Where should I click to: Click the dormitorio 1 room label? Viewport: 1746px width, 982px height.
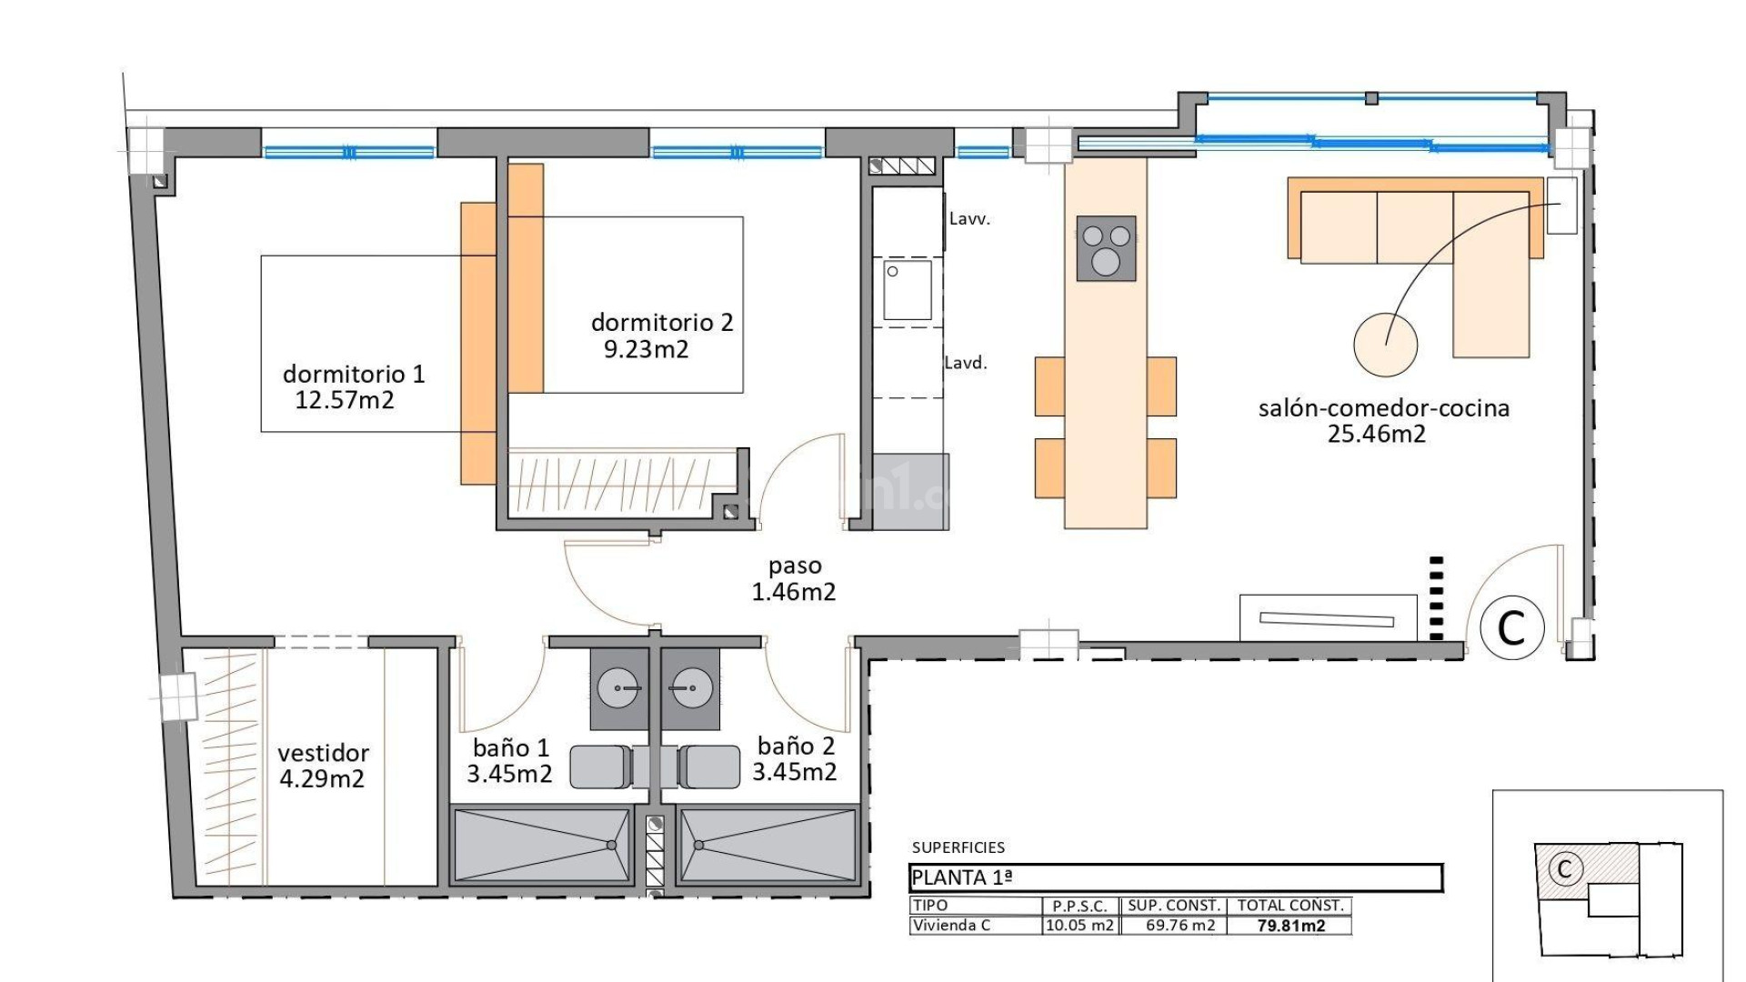coord(353,374)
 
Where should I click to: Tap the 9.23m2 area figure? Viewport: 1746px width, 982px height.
coord(646,349)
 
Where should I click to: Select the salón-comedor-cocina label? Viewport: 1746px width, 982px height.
coord(1383,408)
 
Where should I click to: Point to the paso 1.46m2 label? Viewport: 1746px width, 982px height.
coord(794,579)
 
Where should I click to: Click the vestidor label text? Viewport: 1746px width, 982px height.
coord(323,753)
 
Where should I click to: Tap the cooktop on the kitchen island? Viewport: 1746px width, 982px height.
coord(1106,248)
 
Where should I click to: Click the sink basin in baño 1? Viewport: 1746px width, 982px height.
coord(619,688)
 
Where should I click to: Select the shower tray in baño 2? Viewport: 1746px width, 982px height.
coord(768,845)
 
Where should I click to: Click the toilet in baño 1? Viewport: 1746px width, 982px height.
coord(600,767)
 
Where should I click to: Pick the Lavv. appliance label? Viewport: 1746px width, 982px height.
coord(969,219)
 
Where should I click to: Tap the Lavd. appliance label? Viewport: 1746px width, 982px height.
coord(966,363)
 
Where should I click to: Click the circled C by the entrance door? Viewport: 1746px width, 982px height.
coord(1511,627)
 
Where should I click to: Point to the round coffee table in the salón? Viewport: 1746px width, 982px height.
coord(1385,345)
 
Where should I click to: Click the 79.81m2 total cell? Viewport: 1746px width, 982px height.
coord(1290,926)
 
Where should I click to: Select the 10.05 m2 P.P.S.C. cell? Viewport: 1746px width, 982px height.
coord(1079,926)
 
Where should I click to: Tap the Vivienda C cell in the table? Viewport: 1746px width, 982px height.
coord(951,926)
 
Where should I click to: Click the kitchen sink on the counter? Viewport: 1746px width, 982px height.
coord(908,290)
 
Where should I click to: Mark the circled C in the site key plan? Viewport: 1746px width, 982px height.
coord(1564,868)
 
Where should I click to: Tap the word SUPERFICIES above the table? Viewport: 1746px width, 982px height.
coord(958,847)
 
